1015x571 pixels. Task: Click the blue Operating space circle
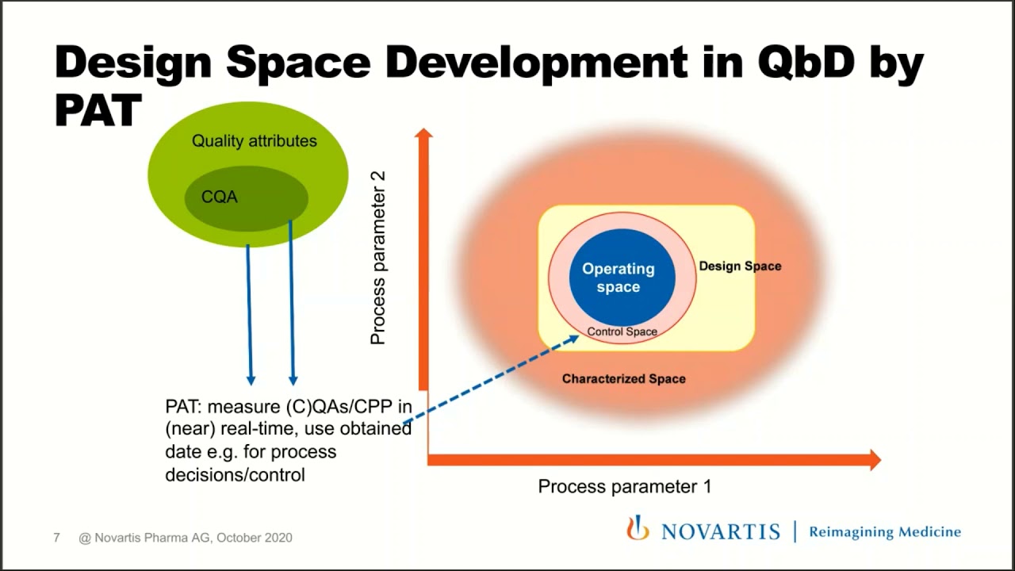[x=622, y=278]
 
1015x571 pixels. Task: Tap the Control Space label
[x=622, y=331]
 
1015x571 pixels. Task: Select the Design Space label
[x=739, y=266]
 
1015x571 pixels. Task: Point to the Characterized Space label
[x=623, y=379]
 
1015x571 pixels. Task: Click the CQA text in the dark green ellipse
[x=220, y=197]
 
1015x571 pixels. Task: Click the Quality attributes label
[x=254, y=141]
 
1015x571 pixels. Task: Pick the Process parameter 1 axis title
[x=624, y=486]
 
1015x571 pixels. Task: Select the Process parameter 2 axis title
[x=378, y=257]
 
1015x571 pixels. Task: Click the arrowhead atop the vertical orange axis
[x=423, y=135]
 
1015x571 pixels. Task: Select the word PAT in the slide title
[x=97, y=109]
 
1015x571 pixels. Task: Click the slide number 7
[x=56, y=538]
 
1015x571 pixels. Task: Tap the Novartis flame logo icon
[x=638, y=528]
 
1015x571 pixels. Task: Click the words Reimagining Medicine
[x=884, y=532]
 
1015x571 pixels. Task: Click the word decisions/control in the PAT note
[x=235, y=475]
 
